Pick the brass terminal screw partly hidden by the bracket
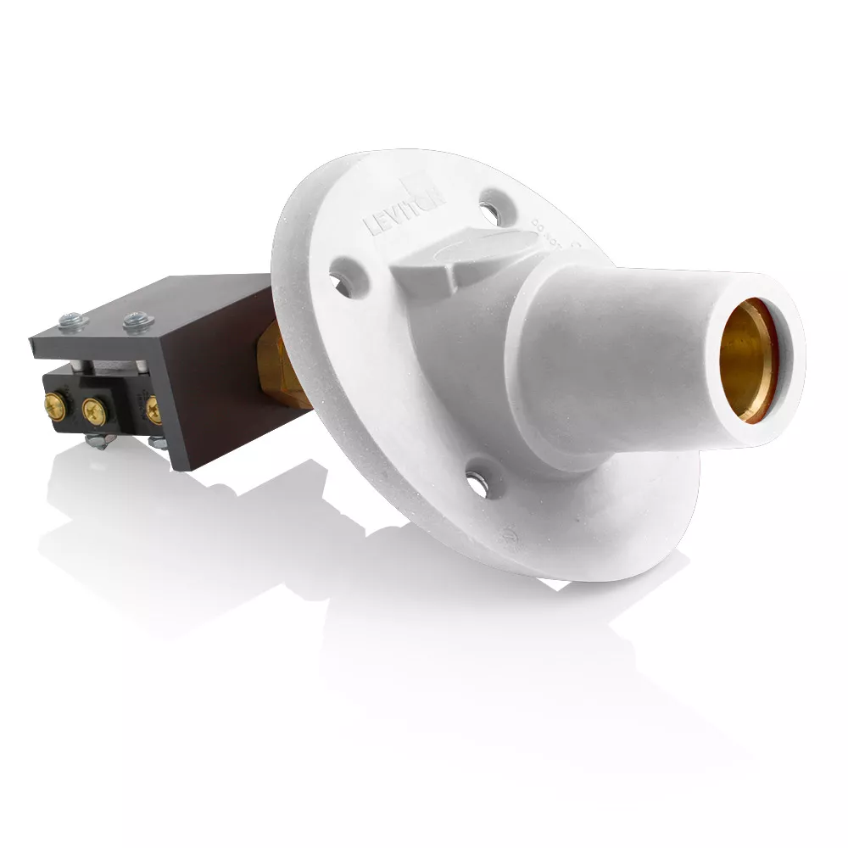[x=153, y=410]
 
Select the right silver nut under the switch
[x=156, y=440]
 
